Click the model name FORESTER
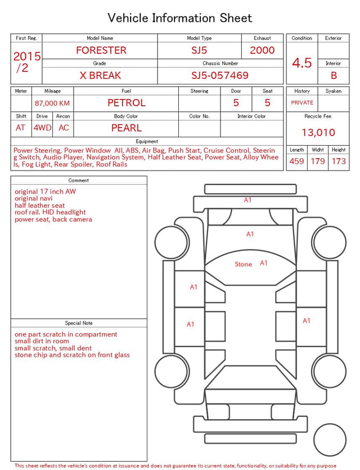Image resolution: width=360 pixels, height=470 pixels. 101,50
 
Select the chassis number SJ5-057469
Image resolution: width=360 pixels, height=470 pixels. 220,75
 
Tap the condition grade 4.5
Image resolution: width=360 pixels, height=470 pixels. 302,63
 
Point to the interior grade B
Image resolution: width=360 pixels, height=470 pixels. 334,75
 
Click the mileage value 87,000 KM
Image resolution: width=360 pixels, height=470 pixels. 52,104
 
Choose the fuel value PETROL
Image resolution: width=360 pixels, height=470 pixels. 127,103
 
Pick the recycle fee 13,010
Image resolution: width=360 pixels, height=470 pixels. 318,132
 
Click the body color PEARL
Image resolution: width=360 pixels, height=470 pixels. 127,128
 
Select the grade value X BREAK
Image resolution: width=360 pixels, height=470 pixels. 100,75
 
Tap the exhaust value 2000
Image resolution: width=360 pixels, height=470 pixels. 262,50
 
